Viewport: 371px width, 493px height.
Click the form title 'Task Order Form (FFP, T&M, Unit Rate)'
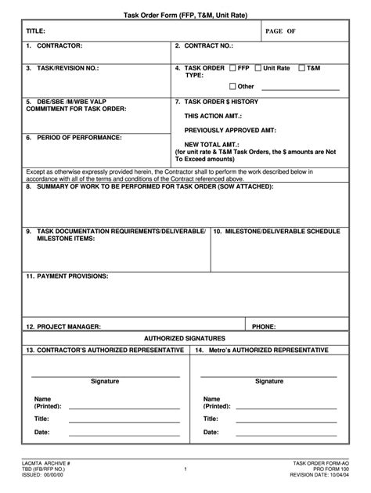click(x=185, y=16)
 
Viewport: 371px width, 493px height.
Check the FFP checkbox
click(x=232, y=68)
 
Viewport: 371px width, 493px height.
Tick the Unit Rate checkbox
click(x=258, y=68)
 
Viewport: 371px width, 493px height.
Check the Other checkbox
click(x=232, y=86)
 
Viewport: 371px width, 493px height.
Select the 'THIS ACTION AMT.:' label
click(x=213, y=115)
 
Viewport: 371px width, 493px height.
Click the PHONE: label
click(x=264, y=326)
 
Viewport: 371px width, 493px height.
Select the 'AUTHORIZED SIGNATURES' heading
click(x=185, y=337)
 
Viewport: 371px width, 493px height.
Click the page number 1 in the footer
click(x=185, y=470)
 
